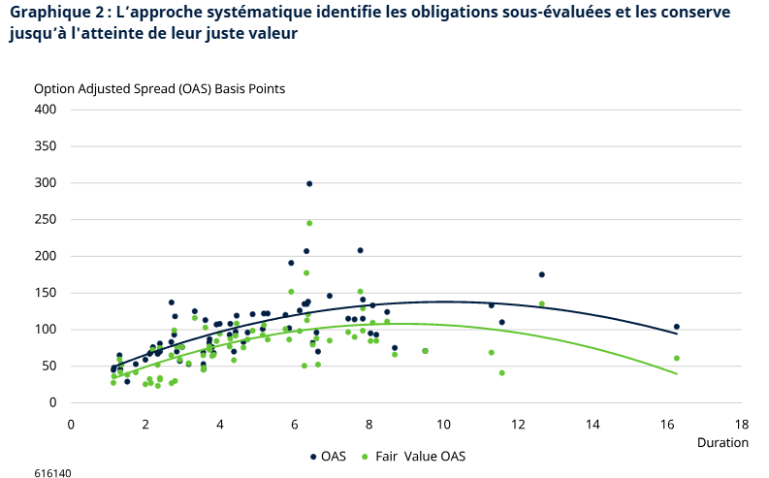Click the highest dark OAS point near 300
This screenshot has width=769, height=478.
click(309, 183)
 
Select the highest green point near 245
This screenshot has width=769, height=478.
click(309, 223)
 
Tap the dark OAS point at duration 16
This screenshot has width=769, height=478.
click(677, 327)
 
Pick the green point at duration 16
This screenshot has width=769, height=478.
click(677, 358)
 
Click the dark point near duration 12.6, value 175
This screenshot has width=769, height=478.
click(541, 274)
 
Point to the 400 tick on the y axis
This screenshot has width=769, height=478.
click(47, 110)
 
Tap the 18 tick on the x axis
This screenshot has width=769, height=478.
click(742, 424)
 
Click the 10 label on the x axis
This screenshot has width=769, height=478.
click(444, 424)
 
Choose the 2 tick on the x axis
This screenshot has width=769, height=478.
click(145, 424)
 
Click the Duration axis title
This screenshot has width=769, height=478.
click(722, 442)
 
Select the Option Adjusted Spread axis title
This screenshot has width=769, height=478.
click(159, 88)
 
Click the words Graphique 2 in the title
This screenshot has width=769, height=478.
click(51, 13)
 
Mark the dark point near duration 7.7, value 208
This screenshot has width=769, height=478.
click(360, 250)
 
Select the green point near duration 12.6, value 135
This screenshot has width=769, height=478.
click(541, 303)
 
